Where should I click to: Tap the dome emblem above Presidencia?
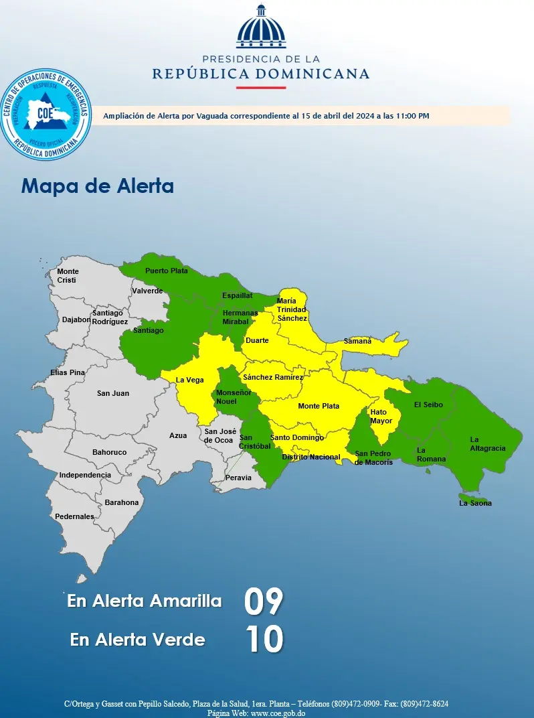[x=261, y=27]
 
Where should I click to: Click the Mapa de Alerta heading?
[x=98, y=186]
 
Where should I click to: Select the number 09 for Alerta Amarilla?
[x=264, y=601]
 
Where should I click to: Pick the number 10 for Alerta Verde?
[x=264, y=639]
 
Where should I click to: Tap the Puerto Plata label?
[x=167, y=271]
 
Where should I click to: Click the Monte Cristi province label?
[x=67, y=275]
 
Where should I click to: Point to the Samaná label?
[x=357, y=341]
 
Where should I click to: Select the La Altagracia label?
[x=487, y=444]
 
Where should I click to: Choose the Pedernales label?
[x=74, y=516]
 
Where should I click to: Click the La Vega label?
[x=189, y=380]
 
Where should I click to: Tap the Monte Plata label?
[x=319, y=406]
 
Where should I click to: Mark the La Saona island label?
[x=475, y=503]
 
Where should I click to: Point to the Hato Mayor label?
[x=381, y=417]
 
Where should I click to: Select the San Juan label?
[x=113, y=393]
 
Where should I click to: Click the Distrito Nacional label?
[x=311, y=457]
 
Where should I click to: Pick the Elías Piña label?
[x=68, y=372]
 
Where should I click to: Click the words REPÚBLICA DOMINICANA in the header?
[x=260, y=73]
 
